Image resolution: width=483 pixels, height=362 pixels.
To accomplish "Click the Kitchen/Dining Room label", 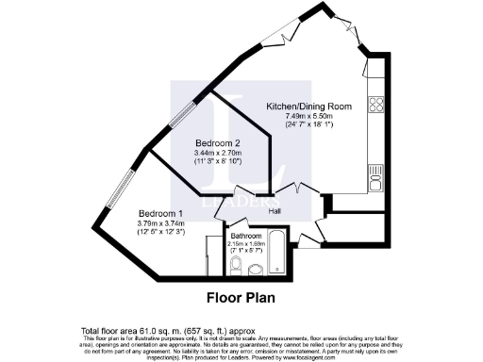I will (x=309, y=107).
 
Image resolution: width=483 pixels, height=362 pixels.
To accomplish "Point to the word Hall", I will (x=275, y=210).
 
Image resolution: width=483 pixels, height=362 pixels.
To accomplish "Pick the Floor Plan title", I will (x=241, y=300).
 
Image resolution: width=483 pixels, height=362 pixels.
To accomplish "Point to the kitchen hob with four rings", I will (x=375, y=103).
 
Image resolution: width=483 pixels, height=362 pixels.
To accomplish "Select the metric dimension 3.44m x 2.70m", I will (x=218, y=152).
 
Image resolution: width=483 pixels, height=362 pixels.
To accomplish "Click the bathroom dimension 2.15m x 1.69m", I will (x=250, y=243).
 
